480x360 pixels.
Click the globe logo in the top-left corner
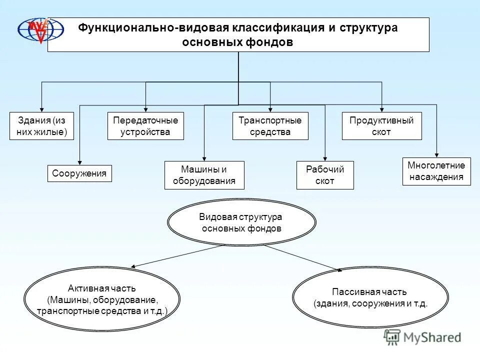[41, 30]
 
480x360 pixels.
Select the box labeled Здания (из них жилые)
[41, 126]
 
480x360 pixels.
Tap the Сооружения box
[80, 173]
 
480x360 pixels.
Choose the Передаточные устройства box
[145, 126]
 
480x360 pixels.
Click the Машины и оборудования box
[204, 175]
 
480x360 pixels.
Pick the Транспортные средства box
[270, 126]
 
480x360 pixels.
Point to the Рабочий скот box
[325, 175]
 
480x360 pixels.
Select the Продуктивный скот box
[381, 126]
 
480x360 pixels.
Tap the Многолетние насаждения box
[436, 171]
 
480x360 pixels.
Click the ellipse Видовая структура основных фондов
[241, 223]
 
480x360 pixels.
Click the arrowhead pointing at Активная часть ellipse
[133, 267]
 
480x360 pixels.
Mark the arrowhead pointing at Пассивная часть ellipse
[339, 270]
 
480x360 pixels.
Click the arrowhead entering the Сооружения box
[80, 161]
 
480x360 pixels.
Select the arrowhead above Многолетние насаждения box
[436, 154]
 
